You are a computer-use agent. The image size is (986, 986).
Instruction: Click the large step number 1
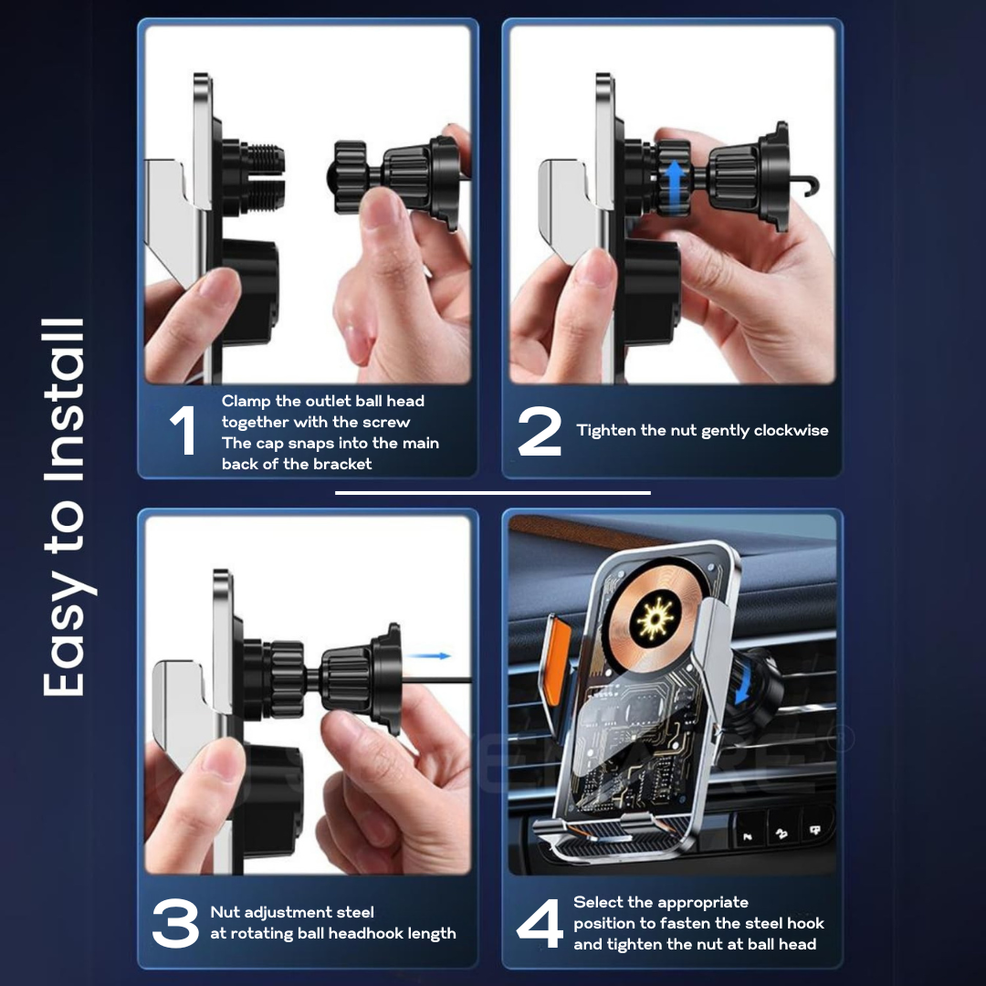[x=184, y=430]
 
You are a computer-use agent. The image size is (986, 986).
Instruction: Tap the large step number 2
[x=540, y=431]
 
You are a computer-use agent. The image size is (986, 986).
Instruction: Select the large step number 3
[x=175, y=923]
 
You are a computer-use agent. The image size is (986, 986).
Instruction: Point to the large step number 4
[x=540, y=923]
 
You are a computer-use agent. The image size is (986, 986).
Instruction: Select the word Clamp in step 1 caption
[x=246, y=401]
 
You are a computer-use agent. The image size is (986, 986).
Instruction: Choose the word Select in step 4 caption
[x=595, y=902]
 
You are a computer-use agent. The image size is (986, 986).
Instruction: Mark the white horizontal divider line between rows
[x=492, y=493]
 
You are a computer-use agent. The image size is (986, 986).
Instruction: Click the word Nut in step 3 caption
[x=225, y=912]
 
